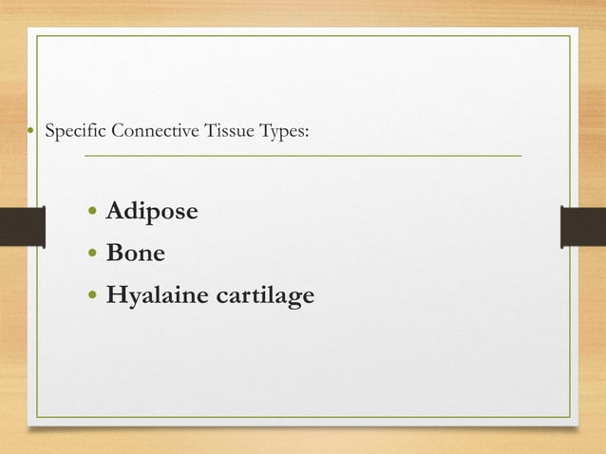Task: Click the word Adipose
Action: [x=152, y=211]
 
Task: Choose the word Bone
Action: [x=135, y=254]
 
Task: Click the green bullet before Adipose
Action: [x=92, y=211]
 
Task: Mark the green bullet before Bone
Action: [x=92, y=254]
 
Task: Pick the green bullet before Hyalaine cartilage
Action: [x=92, y=297]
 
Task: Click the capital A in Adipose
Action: [x=116, y=210]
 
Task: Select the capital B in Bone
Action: [x=115, y=254]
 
